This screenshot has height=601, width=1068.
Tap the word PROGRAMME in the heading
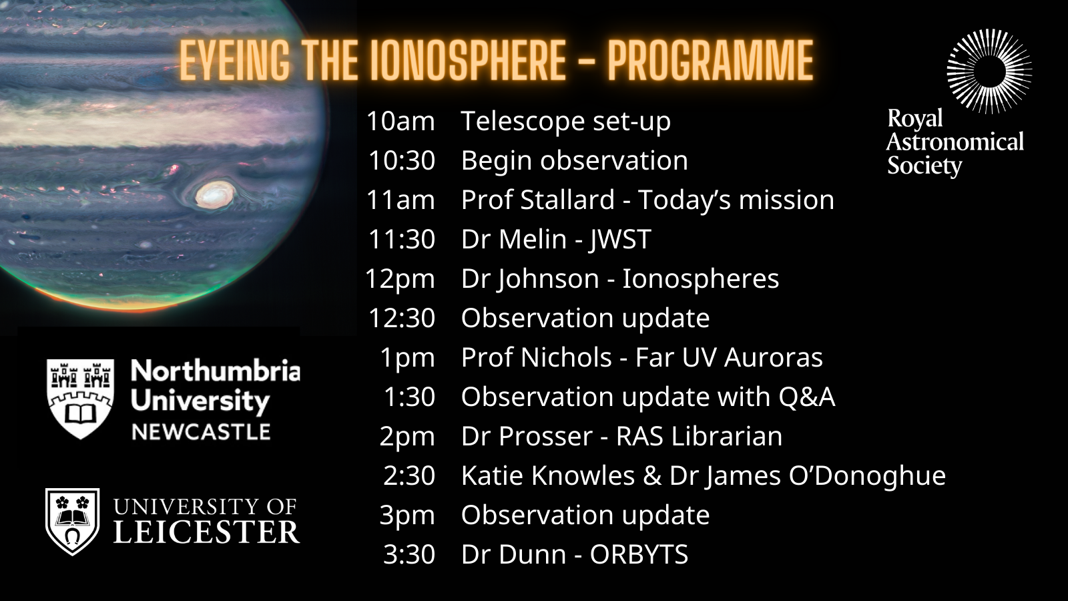(x=710, y=61)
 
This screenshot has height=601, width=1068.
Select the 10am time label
(x=400, y=121)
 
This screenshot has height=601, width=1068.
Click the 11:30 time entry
(x=401, y=239)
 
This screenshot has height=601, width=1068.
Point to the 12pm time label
(x=400, y=279)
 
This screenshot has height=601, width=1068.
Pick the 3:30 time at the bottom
(x=409, y=554)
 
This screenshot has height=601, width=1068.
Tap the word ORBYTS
(x=639, y=554)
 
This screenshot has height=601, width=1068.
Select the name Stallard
(x=567, y=200)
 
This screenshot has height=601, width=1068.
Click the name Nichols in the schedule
(x=567, y=357)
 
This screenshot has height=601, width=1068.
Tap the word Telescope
(x=523, y=122)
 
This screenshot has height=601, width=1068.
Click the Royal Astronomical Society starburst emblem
(x=989, y=71)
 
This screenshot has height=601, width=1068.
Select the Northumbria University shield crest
(x=80, y=399)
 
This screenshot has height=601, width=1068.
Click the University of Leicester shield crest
(x=73, y=522)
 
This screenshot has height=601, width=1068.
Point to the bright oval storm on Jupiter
(x=215, y=195)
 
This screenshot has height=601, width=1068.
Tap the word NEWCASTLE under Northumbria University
(x=201, y=432)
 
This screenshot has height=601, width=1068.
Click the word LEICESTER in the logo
(x=206, y=532)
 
